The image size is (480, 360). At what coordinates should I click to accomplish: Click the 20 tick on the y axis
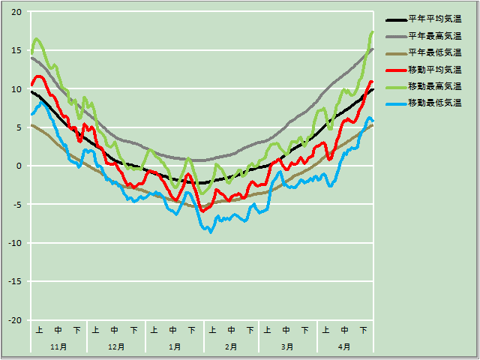tap(17, 12)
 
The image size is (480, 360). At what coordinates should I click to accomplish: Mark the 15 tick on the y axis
tap(17, 50)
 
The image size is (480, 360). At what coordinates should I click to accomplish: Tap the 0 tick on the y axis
tap(20, 166)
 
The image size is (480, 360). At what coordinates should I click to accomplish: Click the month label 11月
tap(58, 346)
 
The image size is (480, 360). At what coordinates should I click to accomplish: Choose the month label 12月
tap(116, 346)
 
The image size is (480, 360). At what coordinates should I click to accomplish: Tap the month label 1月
tap(174, 346)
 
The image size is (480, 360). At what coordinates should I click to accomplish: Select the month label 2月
tap(231, 346)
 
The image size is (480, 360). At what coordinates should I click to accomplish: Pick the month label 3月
tap(287, 346)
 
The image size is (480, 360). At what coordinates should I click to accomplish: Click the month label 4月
tap(344, 346)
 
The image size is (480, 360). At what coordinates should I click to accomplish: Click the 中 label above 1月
tap(174, 330)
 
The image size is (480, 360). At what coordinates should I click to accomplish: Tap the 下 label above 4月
tap(364, 330)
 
